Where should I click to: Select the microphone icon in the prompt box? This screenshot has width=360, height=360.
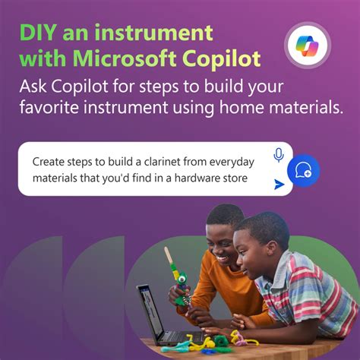[x=279, y=156]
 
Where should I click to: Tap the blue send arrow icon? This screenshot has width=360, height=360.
[x=279, y=184]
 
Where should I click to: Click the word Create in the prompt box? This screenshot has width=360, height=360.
[x=49, y=162]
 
